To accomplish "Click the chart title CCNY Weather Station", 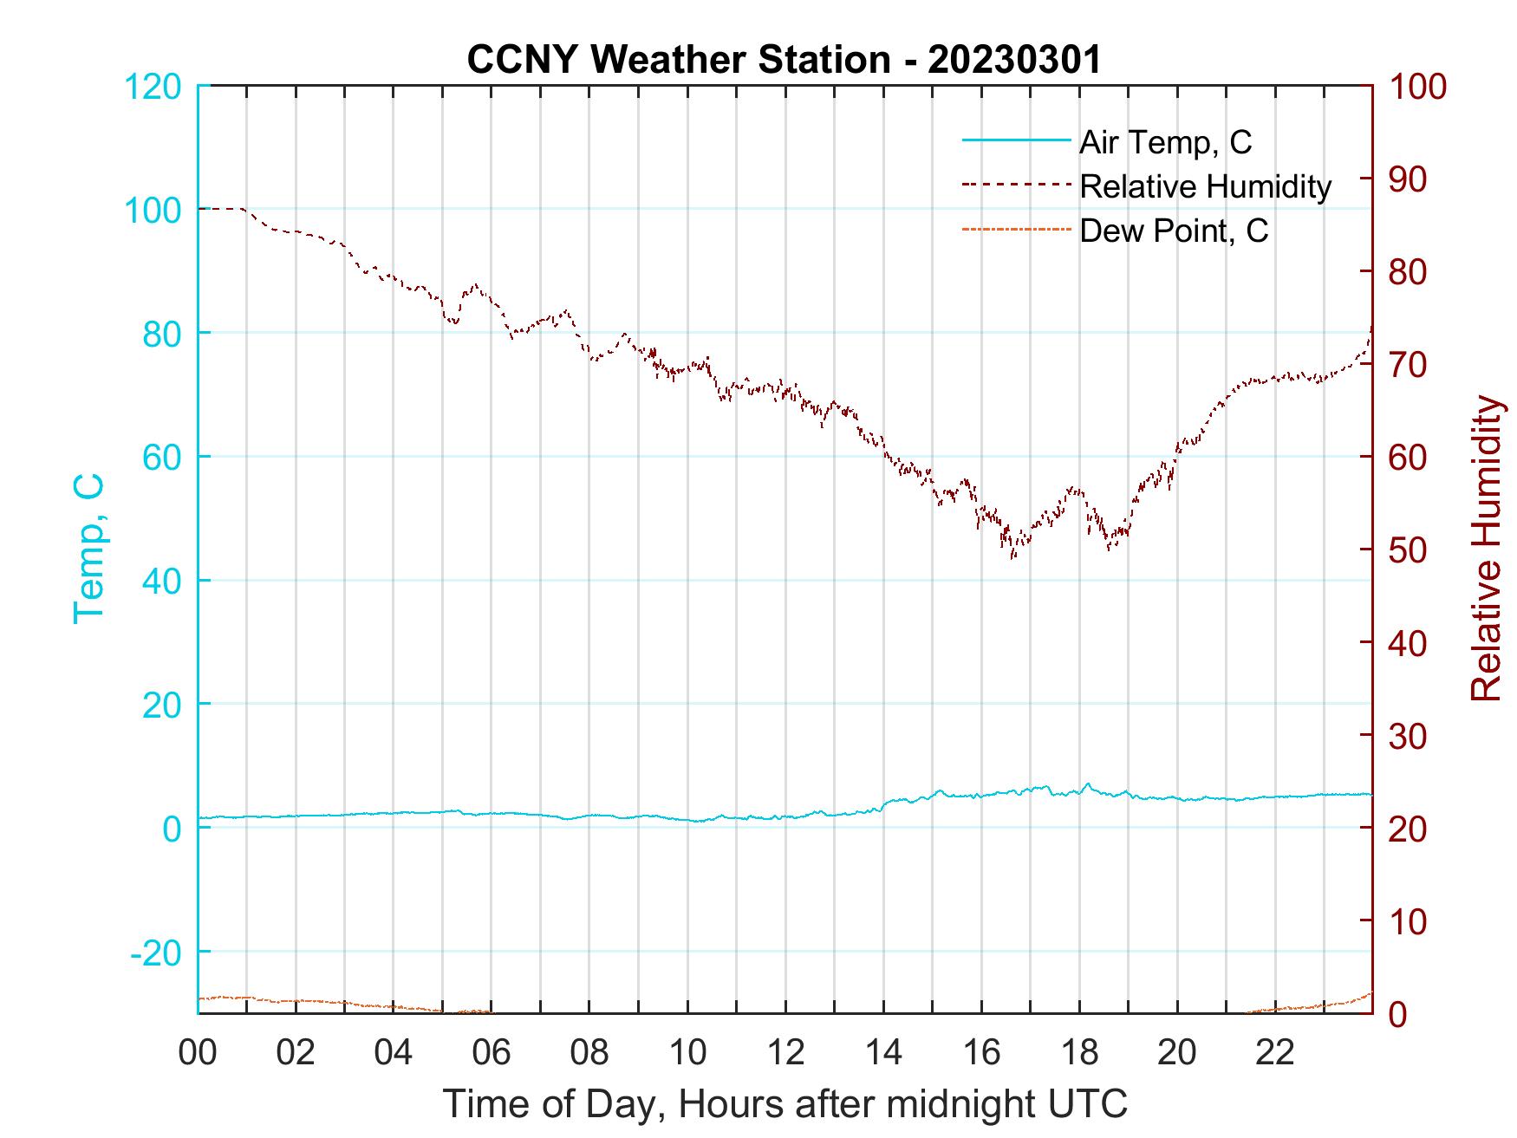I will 784,60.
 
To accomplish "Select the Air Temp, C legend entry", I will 1165,142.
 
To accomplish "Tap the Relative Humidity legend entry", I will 1205,186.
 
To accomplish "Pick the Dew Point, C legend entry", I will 1174,231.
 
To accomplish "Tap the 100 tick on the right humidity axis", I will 1417,87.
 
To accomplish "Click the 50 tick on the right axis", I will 1409,550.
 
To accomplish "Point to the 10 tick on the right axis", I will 1409,921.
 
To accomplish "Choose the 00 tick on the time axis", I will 198,1054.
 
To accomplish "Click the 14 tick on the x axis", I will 883,1054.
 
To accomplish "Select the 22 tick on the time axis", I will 1275,1054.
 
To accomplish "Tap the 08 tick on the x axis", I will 589,1054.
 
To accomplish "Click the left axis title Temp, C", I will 89,549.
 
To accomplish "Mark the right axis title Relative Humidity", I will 1487,549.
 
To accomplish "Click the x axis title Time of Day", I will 785,1104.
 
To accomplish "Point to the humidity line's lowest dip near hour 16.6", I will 1012,557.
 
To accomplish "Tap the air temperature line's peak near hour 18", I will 1088,784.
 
